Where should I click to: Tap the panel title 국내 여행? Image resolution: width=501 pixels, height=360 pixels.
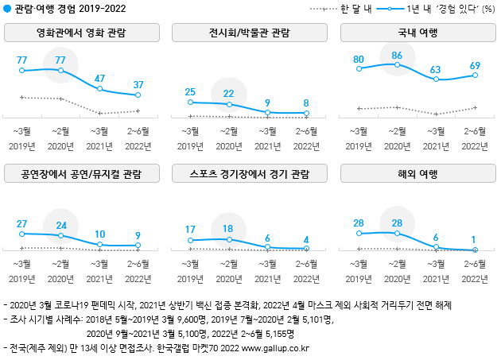[417, 33]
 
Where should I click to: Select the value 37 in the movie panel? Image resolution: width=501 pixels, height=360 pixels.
[138, 84]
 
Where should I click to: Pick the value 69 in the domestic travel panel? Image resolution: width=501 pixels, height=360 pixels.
[476, 64]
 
